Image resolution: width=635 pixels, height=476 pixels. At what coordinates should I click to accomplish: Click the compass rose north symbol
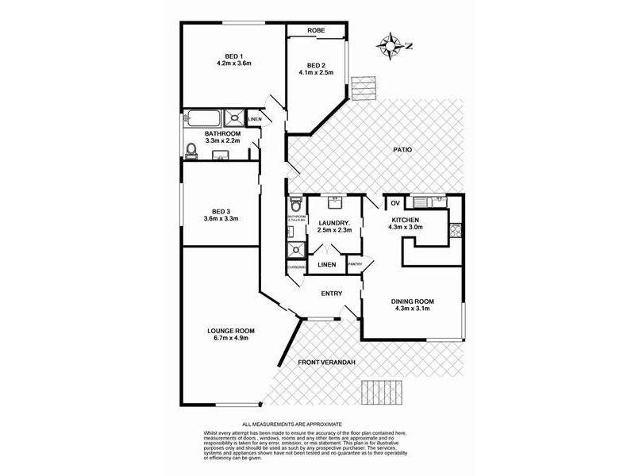click(x=390, y=45)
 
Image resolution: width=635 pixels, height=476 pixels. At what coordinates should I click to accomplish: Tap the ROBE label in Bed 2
click(x=317, y=31)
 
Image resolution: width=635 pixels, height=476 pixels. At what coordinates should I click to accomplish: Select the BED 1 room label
click(x=229, y=56)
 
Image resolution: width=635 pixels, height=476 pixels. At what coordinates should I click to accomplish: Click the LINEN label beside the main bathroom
click(x=254, y=120)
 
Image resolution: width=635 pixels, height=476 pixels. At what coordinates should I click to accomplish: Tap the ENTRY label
click(x=331, y=294)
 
